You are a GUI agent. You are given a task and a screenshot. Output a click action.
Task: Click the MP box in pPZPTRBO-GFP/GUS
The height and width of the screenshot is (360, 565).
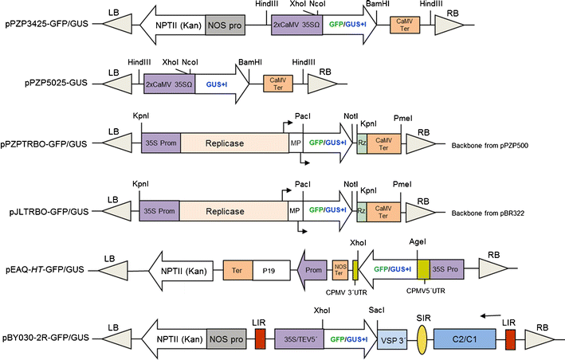coord(295,144)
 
